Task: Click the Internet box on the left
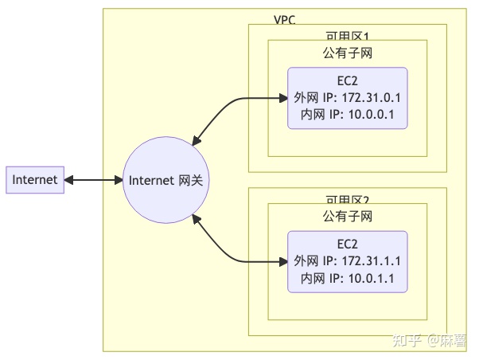(x=35, y=180)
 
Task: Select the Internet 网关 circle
(x=166, y=180)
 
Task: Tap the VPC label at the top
(x=284, y=19)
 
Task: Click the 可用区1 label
(x=348, y=36)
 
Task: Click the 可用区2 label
(x=348, y=199)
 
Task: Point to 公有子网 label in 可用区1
(x=348, y=53)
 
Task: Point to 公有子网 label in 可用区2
(x=348, y=216)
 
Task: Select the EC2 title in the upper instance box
(x=348, y=81)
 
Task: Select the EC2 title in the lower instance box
(x=348, y=245)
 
